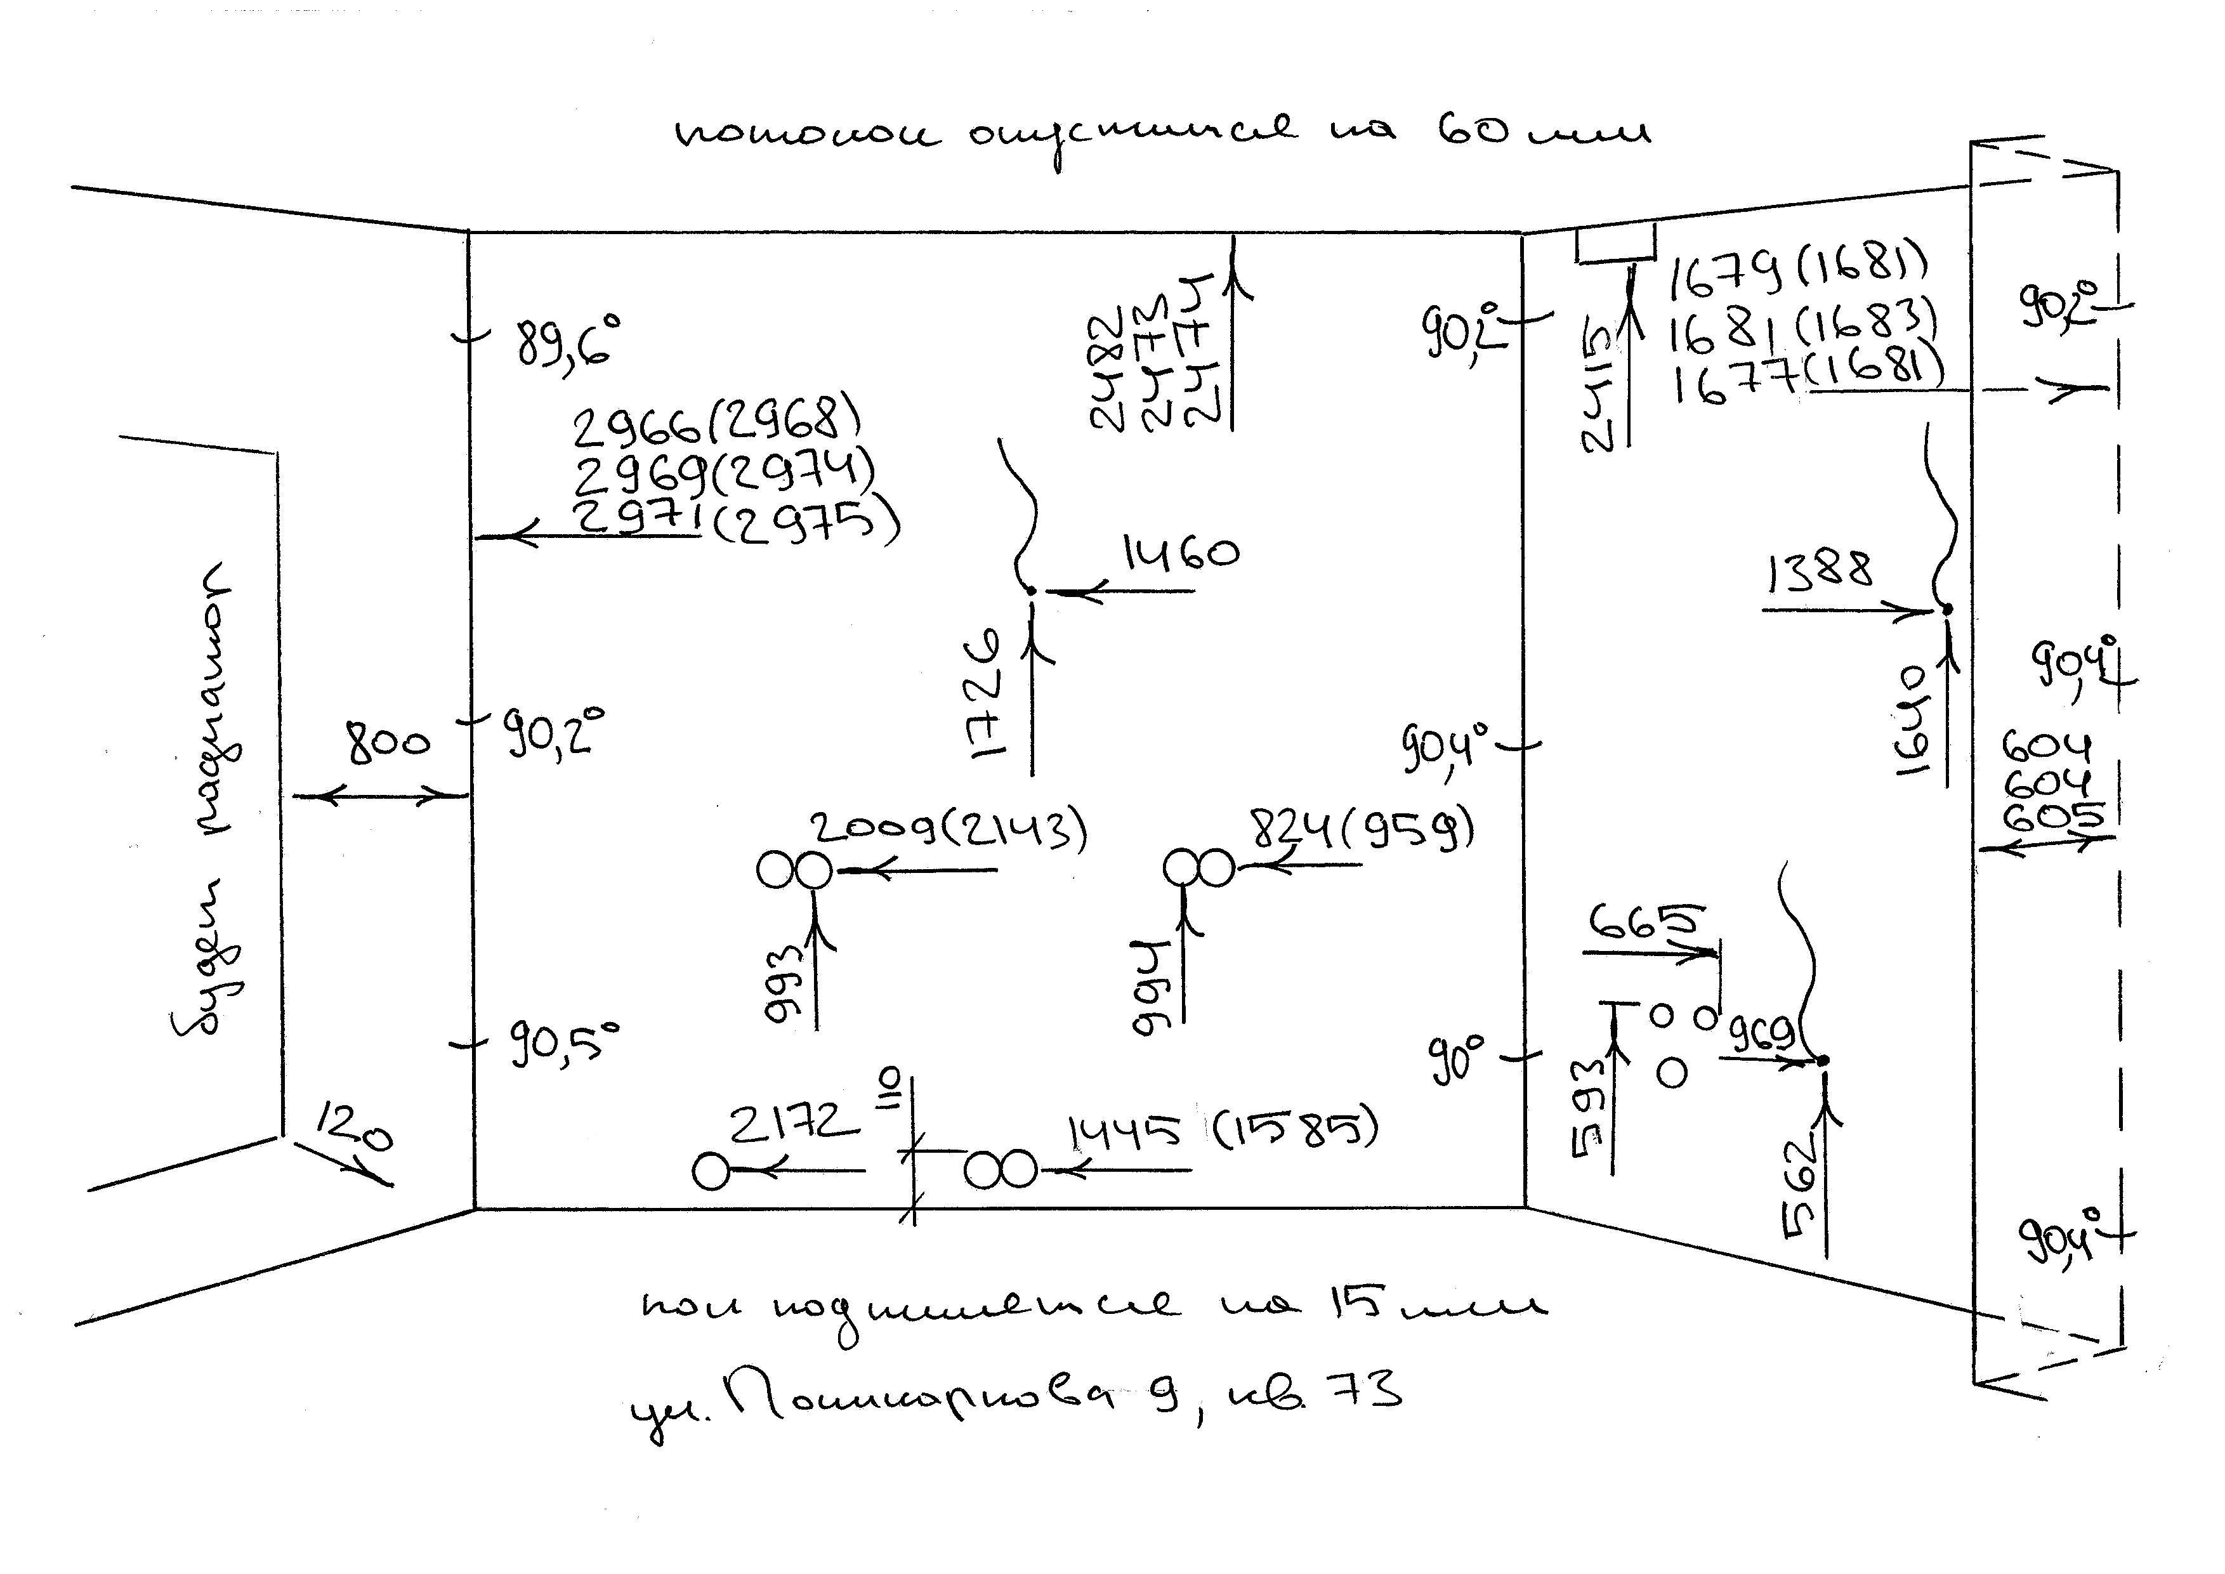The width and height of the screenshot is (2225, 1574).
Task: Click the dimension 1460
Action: tap(1180, 553)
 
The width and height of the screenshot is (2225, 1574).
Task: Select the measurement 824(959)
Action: tap(1362, 830)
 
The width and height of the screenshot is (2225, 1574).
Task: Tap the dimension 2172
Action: tap(794, 1124)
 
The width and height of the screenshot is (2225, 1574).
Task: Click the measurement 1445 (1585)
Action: tap(1221, 1130)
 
